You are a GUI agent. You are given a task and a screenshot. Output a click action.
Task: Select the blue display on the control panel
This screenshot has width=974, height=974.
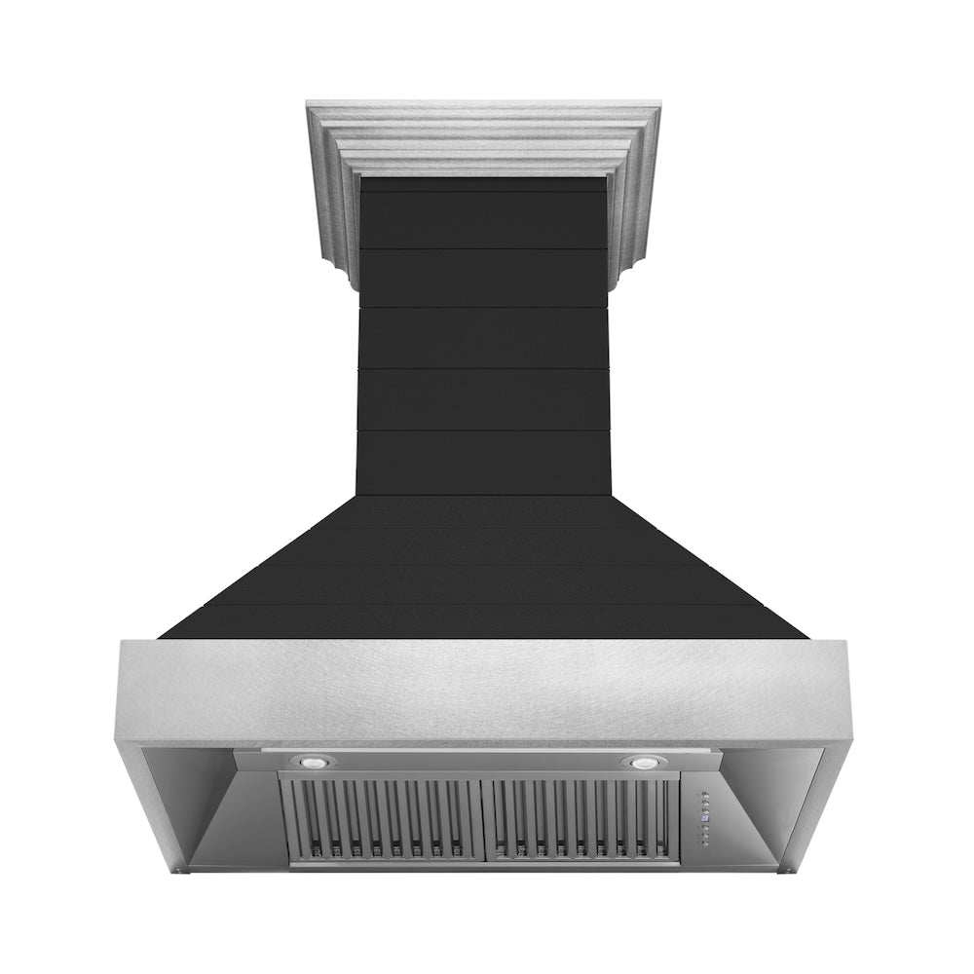(x=706, y=819)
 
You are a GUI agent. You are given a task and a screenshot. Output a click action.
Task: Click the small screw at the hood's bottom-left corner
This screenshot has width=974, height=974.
(x=189, y=870)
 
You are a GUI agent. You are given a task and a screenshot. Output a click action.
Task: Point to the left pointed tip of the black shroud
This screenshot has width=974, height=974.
(x=162, y=637)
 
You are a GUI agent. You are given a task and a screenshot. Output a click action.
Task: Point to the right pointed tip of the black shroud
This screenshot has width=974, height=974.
(x=805, y=637)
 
